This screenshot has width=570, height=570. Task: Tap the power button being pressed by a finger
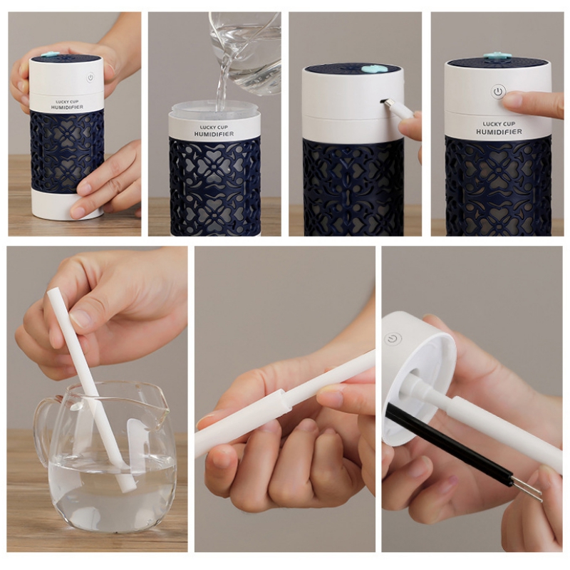[x=498, y=91]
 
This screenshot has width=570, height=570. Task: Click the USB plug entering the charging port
[x=395, y=109]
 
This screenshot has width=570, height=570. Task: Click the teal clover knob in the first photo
[x=49, y=55]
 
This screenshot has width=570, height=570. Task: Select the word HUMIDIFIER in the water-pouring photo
[x=214, y=134]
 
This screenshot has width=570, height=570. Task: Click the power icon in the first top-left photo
[x=90, y=77]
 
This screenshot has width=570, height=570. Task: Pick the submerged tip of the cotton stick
[x=128, y=486]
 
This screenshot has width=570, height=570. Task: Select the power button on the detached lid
[x=393, y=339]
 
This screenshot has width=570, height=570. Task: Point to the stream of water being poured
[x=222, y=87]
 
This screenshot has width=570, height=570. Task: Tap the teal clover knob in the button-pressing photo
[x=497, y=56]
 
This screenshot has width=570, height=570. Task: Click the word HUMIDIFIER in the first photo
[x=67, y=108]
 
